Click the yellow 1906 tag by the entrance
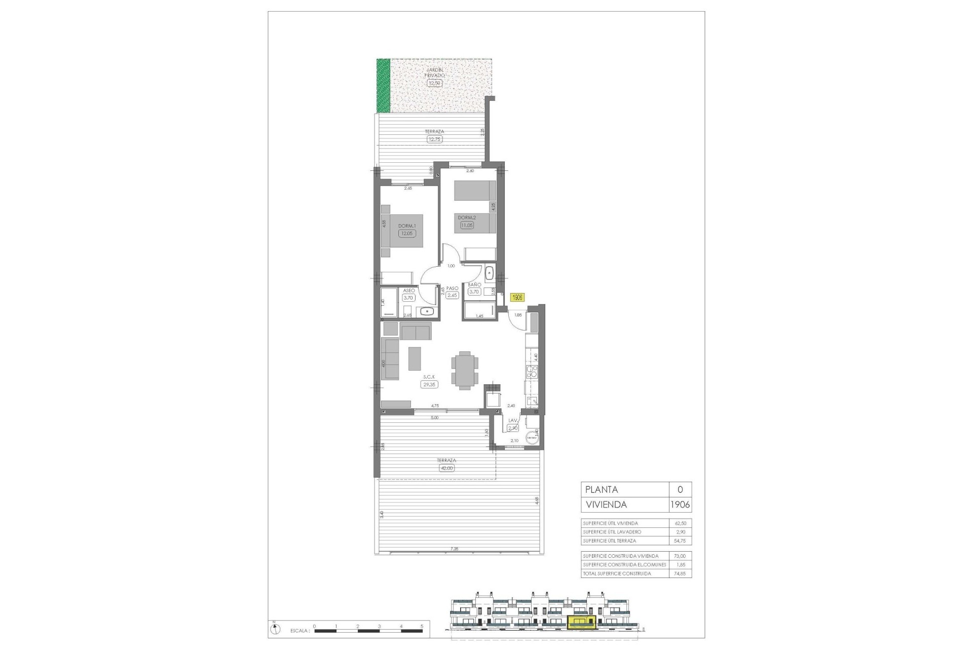point(517,298)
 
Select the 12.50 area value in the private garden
point(434,83)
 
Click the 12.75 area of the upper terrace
point(434,139)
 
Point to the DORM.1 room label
point(407,226)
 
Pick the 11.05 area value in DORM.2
point(466,225)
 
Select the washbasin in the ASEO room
point(427,311)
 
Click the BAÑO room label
point(474,285)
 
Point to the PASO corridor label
point(452,288)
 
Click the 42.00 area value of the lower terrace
point(446,468)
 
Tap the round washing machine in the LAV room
point(532,437)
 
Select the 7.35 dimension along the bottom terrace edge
point(454,549)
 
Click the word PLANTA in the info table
point(602,490)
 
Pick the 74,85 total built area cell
point(680,573)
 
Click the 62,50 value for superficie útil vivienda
point(680,523)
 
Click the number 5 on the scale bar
point(422,626)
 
